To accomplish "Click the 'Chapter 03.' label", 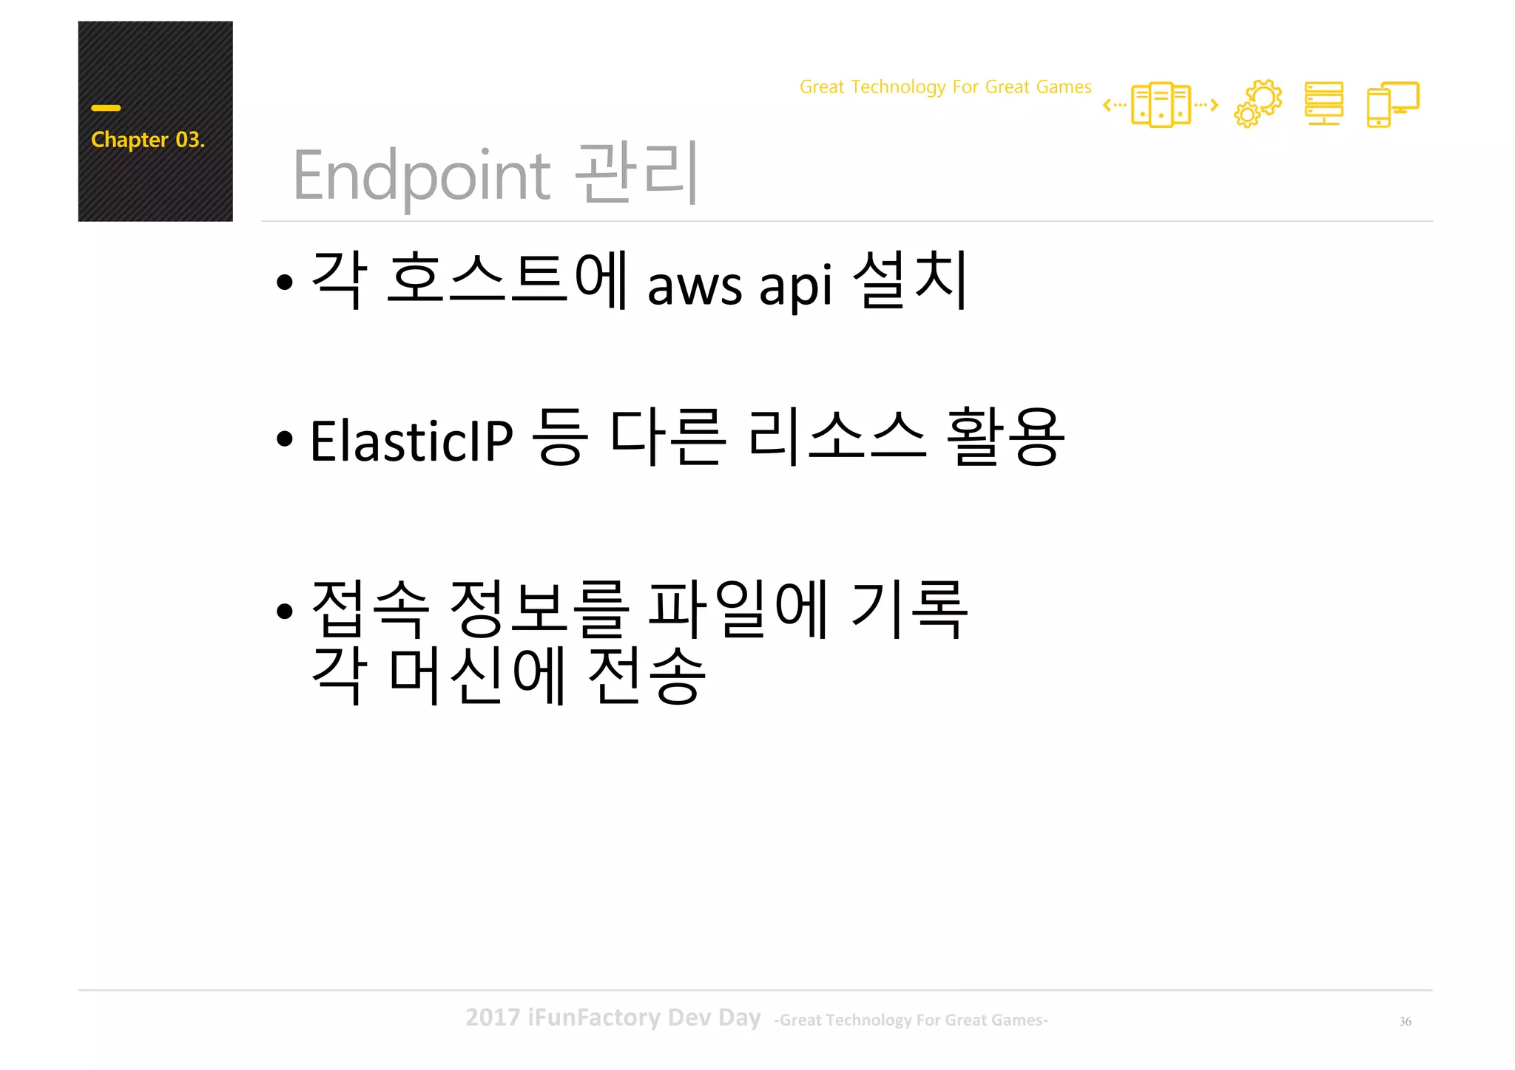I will (147, 140).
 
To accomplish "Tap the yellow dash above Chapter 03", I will (106, 108).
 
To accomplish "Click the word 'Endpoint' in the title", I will (422, 176).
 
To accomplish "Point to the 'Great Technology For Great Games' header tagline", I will (945, 87).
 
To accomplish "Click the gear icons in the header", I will (1258, 104).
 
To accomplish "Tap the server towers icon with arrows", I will (1160, 105).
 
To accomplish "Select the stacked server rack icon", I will (1323, 104).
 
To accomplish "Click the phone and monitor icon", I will (1392, 104).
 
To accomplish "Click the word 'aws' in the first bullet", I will (694, 286).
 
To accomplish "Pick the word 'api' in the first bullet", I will (795, 286).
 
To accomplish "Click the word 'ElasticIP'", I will (411, 441).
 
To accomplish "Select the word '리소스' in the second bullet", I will (836, 437).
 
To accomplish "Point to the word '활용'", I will (1005, 437).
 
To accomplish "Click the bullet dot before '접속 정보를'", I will (285, 612).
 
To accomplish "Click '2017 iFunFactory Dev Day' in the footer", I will (613, 1017).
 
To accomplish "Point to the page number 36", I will (1405, 1021).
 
